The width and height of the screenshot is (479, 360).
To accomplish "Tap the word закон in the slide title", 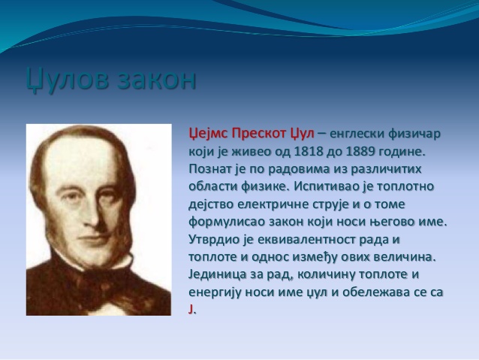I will tap(155, 80).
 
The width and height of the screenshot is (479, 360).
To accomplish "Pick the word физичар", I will tap(414, 133).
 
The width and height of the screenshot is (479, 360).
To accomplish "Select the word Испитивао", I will tap(324, 186).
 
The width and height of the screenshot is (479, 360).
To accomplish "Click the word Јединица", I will tap(218, 274).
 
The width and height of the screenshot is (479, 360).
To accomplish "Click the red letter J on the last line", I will tap(191, 310).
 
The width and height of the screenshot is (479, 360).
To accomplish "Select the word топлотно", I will tap(417, 186).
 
